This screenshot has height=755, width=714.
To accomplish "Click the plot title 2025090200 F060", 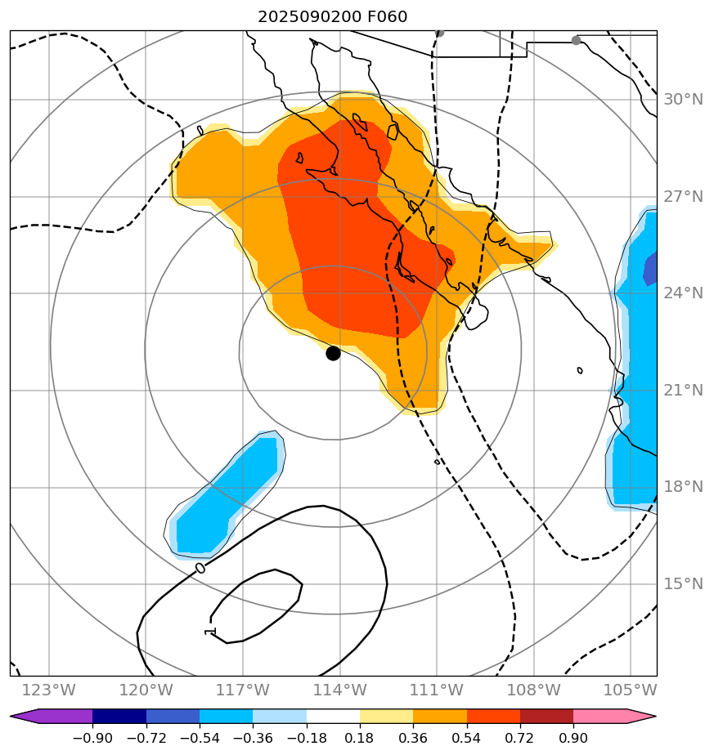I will click(x=332, y=17).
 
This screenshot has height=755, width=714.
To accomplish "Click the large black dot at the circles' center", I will click(x=333, y=353).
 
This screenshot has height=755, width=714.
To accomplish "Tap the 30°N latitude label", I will click(x=683, y=100).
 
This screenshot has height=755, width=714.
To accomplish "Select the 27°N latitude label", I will click(x=683, y=197).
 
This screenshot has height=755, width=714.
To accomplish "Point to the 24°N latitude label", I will click(x=683, y=293).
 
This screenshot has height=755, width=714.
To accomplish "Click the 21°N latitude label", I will click(x=683, y=391).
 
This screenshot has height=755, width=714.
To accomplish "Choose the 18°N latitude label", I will click(x=683, y=487).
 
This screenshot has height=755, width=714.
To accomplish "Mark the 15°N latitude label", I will click(x=683, y=584).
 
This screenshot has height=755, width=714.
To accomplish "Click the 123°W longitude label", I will click(x=49, y=691).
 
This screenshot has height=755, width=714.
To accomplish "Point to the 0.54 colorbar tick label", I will click(x=466, y=739).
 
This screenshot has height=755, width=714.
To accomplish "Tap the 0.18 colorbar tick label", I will click(x=360, y=739).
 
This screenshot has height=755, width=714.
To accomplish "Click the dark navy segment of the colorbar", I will click(x=119, y=717).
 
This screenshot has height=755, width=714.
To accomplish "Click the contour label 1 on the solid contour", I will click(x=210, y=632).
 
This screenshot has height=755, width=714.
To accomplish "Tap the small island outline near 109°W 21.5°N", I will click(x=580, y=370).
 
